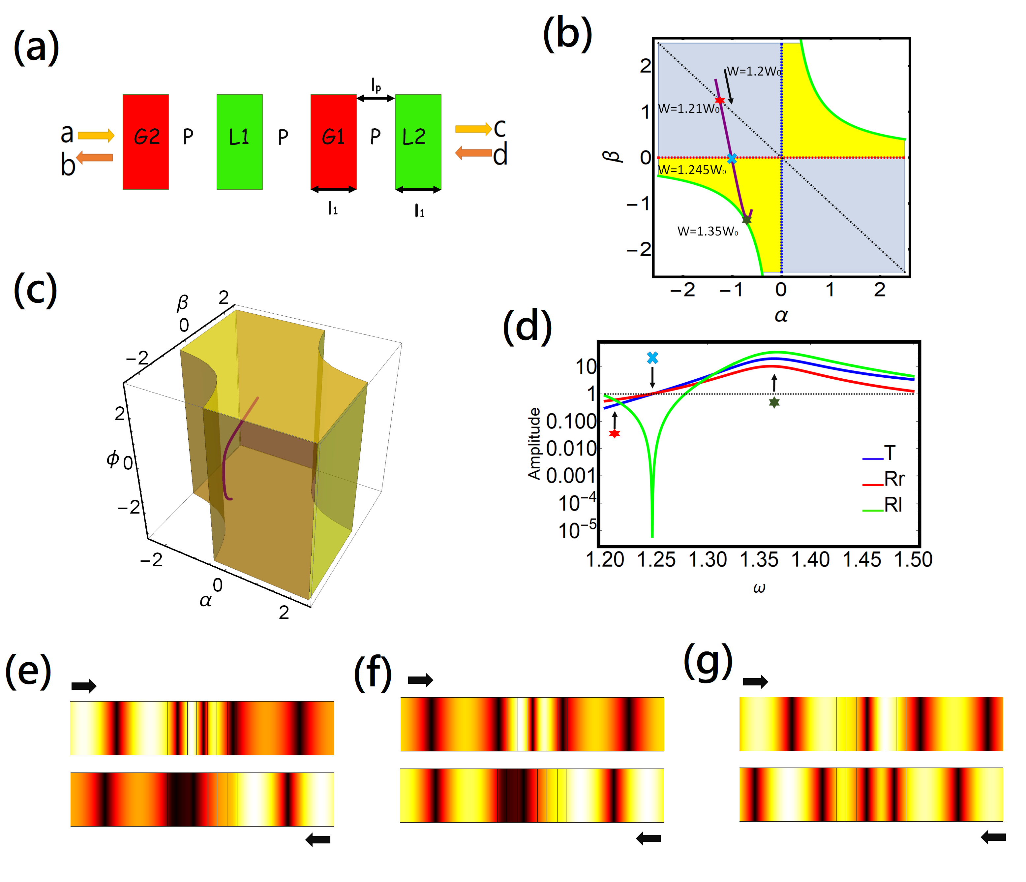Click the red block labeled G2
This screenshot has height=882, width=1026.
[146, 142]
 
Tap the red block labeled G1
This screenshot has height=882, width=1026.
[333, 142]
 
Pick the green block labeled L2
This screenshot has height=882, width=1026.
[418, 142]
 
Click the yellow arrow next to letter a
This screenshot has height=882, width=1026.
[96, 135]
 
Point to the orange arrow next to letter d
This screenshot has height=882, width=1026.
[473, 153]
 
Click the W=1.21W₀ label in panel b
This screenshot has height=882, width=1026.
[688, 109]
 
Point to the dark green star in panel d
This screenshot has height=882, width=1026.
[774, 402]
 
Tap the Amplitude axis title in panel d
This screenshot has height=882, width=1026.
[534, 444]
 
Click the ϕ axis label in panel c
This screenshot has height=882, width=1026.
[113, 459]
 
